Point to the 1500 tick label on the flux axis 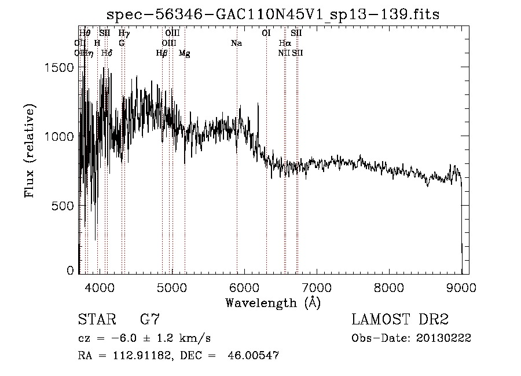[x=60, y=67]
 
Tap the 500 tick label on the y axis [x=64, y=205]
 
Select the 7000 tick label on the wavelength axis [x=316, y=287]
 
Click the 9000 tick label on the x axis [x=461, y=287]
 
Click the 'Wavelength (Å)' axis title [x=273, y=302]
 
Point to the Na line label [x=236, y=43]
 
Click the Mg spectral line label [x=184, y=53]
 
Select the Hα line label [x=284, y=43]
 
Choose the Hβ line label [x=162, y=53]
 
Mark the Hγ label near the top [x=124, y=34]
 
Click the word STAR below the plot [x=96, y=319]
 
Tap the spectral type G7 [x=149, y=319]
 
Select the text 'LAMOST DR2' [x=400, y=319]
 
